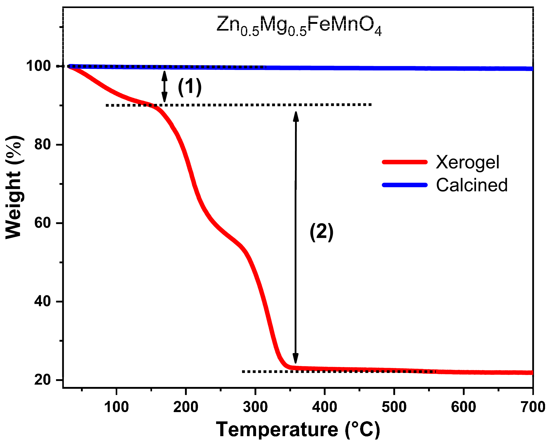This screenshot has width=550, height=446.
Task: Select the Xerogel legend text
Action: tap(467, 163)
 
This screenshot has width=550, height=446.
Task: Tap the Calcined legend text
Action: tap(472, 185)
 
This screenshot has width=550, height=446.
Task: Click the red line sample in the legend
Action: tap(405, 162)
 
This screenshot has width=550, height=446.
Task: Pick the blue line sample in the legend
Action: tap(405, 185)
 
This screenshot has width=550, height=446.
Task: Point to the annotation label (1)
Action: tap(190, 87)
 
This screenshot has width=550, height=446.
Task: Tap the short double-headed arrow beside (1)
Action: tap(164, 86)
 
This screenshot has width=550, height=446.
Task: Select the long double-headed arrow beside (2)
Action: tap(295, 237)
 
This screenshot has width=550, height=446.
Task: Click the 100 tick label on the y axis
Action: tap(38, 66)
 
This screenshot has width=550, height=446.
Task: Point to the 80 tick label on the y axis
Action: tap(42, 144)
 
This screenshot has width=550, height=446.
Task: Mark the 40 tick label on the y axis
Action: tap(42, 301)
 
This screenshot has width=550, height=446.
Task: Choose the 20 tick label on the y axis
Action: tap(42, 380)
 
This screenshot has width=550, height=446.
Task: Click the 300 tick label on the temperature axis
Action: tap(255, 407)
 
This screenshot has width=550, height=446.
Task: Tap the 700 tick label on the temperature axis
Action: tap(533, 407)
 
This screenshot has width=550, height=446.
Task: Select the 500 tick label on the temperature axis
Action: tap(394, 407)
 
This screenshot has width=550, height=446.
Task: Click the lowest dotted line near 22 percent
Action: tap(337, 372)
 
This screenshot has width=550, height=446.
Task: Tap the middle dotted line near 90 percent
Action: tap(239, 105)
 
